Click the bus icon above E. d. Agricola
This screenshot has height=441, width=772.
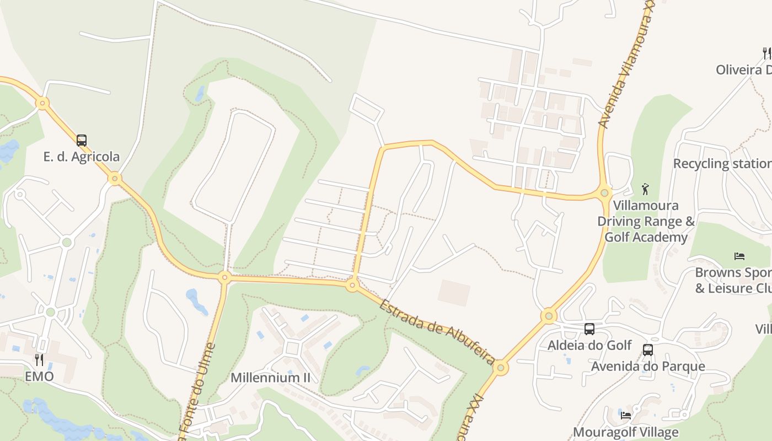(x=82, y=140)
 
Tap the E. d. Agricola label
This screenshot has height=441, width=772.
(x=82, y=157)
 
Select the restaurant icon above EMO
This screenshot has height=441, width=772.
(x=39, y=360)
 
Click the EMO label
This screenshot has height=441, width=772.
(x=39, y=377)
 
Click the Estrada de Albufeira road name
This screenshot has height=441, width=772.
(x=437, y=332)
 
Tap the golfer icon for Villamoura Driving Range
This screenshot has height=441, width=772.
(x=646, y=189)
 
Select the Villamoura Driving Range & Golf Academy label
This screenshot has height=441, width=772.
(x=646, y=221)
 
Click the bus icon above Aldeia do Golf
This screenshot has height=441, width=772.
(x=589, y=329)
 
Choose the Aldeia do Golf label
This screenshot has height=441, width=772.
(x=589, y=346)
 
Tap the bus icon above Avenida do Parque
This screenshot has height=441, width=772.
(x=648, y=350)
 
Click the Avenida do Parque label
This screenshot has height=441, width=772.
(x=648, y=367)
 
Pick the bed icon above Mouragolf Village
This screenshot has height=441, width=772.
(x=625, y=416)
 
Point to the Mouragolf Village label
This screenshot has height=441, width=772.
(x=625, y=432)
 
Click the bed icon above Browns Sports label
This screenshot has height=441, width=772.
(x=739, y=256)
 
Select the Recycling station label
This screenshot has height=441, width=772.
(x=722, y=164)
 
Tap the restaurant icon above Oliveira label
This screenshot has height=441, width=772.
(x=766, y=53)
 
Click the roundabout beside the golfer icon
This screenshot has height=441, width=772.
(x=604, y=193)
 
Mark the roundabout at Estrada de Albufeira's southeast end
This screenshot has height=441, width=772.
(x=501, y=367)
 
